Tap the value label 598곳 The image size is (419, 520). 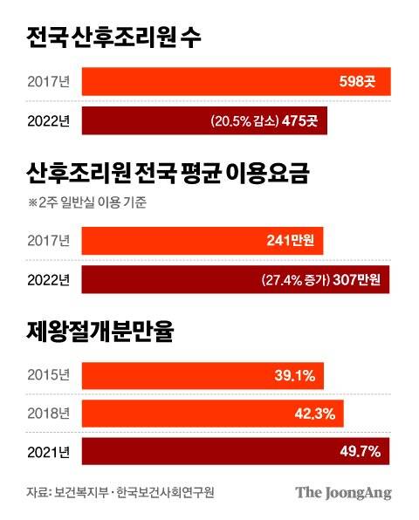click(359, 83)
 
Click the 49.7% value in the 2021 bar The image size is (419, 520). click(362, 451)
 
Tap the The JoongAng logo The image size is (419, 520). click(342, 493)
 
